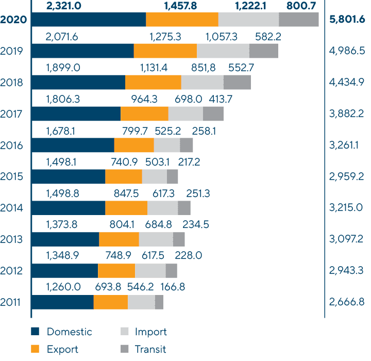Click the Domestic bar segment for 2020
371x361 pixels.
pyautogui.click(x=89, y=20)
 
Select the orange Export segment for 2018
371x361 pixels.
pyautogui.click(x=153, y=83)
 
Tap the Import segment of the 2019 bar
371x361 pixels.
pyautogui.click(x=223, y=51)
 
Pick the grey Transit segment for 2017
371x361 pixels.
pyautogui.click(x=213, y=114)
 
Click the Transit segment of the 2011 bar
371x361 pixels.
pyautogui.click(x=159, y=302)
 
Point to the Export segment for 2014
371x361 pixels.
pyautogui.click(x=126, y=208)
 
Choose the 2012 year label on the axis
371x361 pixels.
pyautogui.click(x=11, y=271)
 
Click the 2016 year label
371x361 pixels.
pyautogui.click(x=11, y=145)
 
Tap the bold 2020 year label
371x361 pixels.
pyautogui.click(x=14, y=20)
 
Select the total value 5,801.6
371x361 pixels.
pyautogui.click(x=346, y=20)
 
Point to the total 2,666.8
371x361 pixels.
pyautogui.click(x=346, y=302)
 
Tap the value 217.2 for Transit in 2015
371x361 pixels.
pyautogui.click(x=189, y=162)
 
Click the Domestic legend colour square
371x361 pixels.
pyautogui.click(x=35, y=332)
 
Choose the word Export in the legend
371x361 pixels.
pyautogui.click(x=62, y=349)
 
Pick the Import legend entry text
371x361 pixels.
pyautogui.click(x=150, y=332)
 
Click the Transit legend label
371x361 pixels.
pyautogui.click(x=150, y=349)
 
